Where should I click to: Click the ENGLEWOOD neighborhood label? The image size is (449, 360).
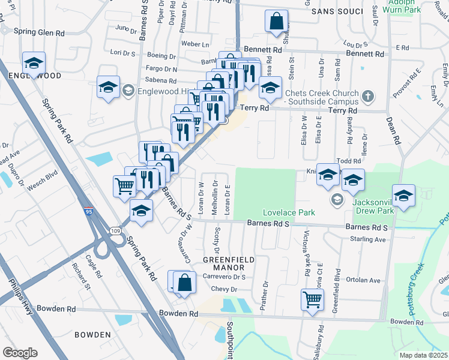pyautogui.click(x=34, y=76)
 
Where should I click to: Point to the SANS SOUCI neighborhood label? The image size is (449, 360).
pyautogui.click(x=342, y=11)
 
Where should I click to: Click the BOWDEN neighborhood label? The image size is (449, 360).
pyautogui.click(x=92, y=334)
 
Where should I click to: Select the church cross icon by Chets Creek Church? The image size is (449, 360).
pyautogui.click(x=367, y=96)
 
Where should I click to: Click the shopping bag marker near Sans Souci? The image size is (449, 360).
pyautogui.click(x=276, y=21)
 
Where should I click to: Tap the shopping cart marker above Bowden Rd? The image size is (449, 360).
pyautogui.click(x=312, y=298)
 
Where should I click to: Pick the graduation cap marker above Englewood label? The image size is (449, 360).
pyautogui.click(x=34, y=62)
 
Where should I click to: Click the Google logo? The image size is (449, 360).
pyautogui.click(x=20, y=353)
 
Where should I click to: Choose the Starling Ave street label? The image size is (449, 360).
pyautogui.click(x=368, y=239)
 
